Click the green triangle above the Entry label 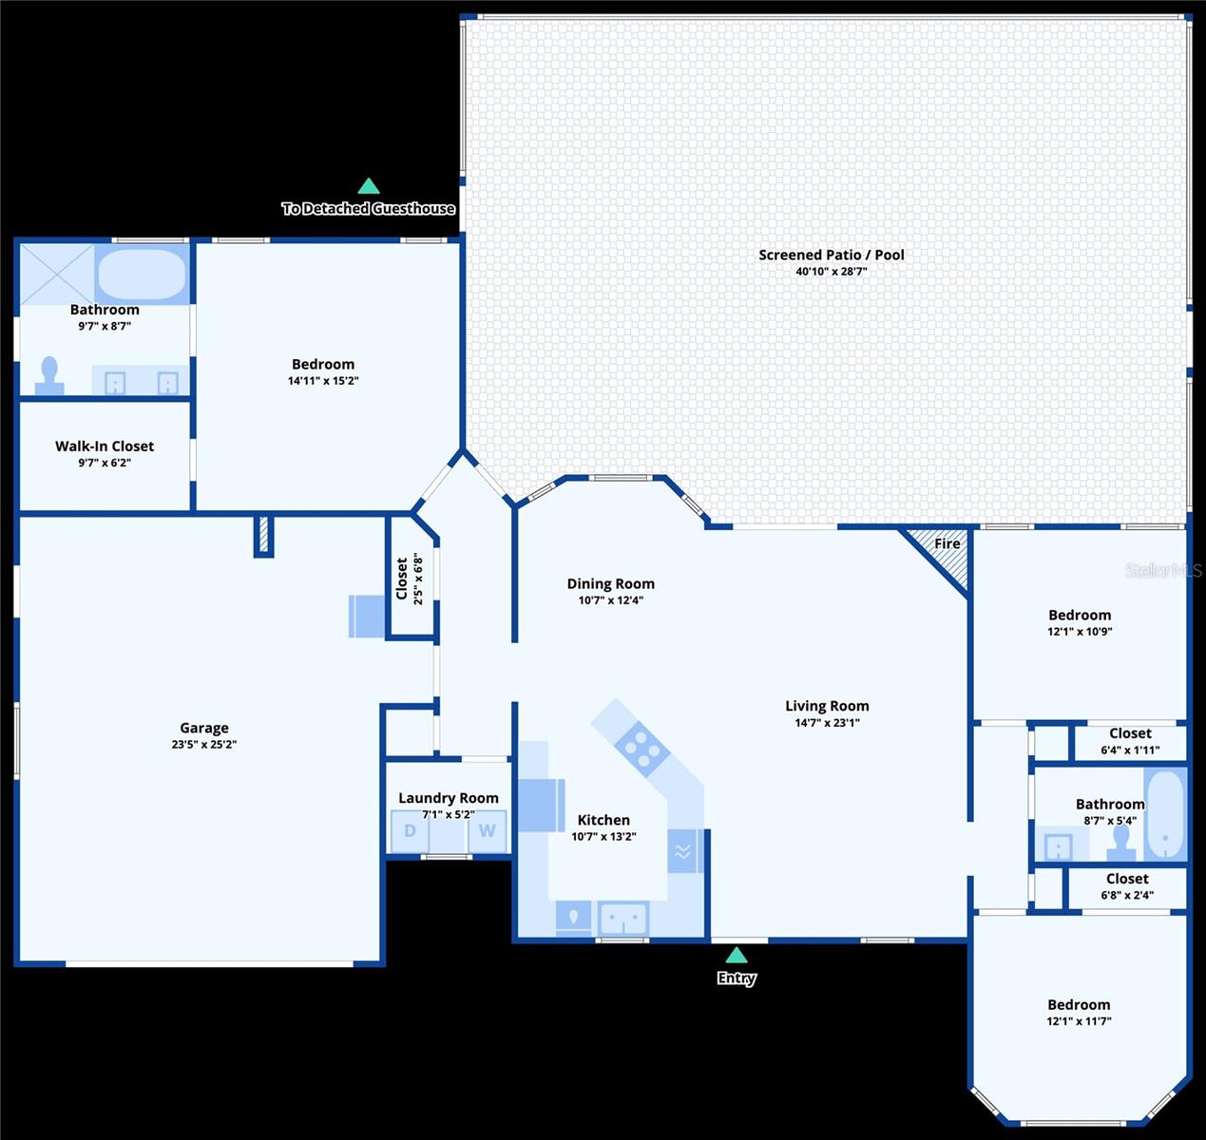click(737, 956)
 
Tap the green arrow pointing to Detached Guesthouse click(368, 186)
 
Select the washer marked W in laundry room click(488, 831)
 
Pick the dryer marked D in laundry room click(410, 831)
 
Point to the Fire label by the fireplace click(948, 543)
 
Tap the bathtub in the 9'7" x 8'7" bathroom click(142, 274)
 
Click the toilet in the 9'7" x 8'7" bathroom click(49, 376)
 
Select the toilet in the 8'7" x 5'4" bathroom click(1120, 843)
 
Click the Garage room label click(204, 728)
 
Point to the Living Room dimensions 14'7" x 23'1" click(827, 722)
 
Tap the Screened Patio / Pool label click(832, 255)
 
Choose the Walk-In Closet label click(105, 446)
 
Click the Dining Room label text click(610, 584)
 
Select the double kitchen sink click(623, 919)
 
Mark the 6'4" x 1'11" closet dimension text click(1130, 750)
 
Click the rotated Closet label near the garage click(402, 579)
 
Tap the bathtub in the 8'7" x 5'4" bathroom click(1165, 814)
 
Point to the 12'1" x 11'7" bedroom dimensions click(1079, 1021)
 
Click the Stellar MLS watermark click(1163, 570)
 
